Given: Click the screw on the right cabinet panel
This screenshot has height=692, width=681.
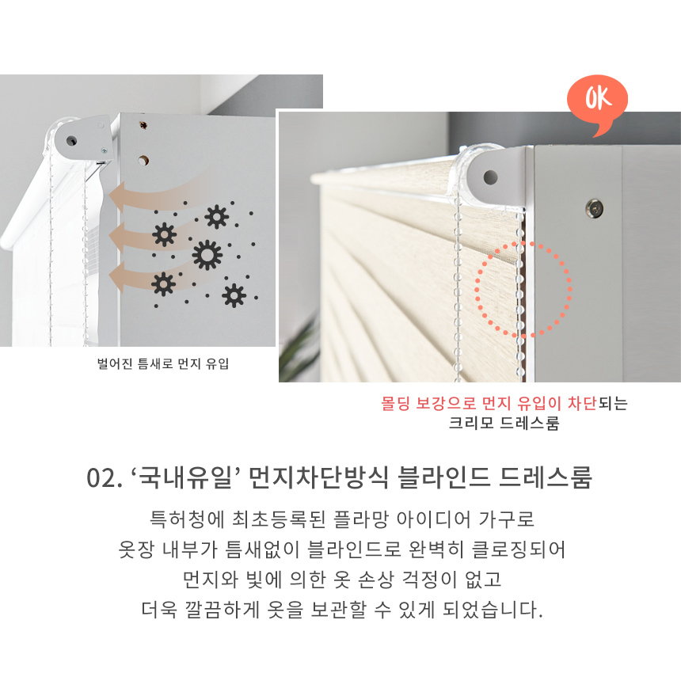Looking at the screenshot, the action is point(595,208).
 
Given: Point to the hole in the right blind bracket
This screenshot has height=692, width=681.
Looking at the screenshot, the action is point(490,177).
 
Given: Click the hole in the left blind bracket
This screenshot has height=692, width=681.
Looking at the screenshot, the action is point(71,141).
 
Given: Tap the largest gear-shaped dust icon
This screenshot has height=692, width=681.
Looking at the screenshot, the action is point(207,256).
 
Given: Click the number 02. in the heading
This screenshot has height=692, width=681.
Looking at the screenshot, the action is point(105,478).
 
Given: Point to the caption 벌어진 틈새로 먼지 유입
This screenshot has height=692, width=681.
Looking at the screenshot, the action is point(163,363).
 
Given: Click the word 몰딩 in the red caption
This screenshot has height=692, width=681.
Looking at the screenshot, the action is point(395,403).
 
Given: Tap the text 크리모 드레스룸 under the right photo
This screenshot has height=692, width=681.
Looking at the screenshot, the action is point(504,424).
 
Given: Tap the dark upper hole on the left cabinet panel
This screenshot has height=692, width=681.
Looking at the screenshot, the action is point(143,125).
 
